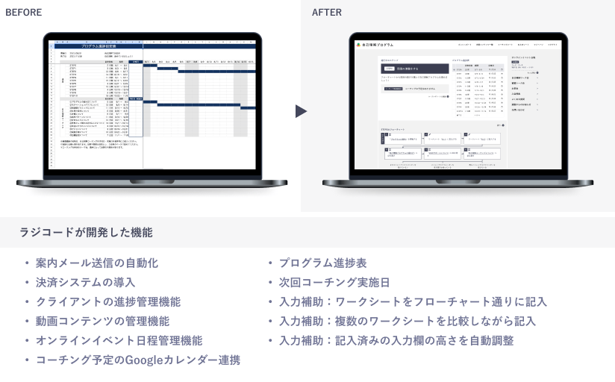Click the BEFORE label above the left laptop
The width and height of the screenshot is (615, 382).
(x=24, y=13)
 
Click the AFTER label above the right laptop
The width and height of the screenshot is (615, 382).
(x=327, y=13)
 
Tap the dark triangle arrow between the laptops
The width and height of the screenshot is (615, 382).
(x=300, y=111)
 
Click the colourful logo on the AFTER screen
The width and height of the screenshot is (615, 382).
(x=359, y=45)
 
